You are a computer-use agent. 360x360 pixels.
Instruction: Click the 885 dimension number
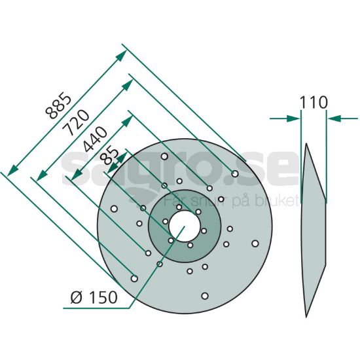pos(58,105)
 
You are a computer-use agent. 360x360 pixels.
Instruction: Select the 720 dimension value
pos(76,122)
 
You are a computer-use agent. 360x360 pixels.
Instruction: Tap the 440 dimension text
pos(94,139)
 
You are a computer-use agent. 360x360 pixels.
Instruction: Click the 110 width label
pos(314,102)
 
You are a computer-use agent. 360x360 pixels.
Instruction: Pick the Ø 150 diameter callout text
pos(94,297)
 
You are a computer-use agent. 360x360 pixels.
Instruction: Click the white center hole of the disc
pos(184,226)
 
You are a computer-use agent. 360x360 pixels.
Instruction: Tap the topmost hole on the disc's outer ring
pos(164,156)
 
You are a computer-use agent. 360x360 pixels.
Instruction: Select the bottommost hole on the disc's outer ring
pos(205,296)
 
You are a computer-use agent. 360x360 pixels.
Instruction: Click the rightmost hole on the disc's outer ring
pos(255,243)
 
